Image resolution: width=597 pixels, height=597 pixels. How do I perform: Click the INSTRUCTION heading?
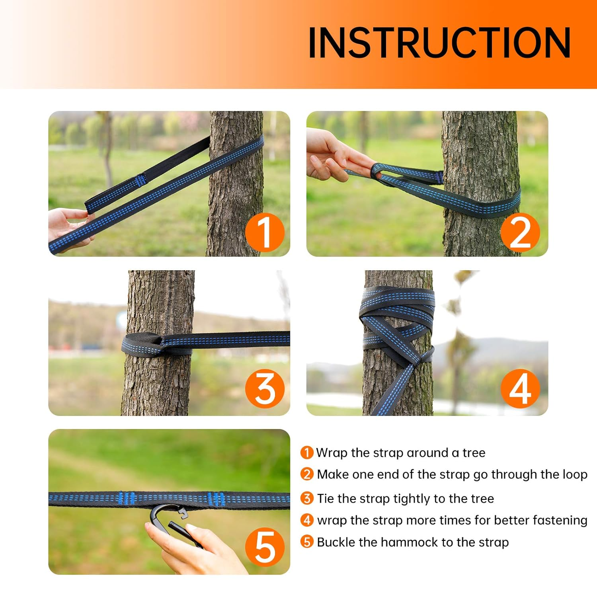pyautogui.click(x=439, y=43)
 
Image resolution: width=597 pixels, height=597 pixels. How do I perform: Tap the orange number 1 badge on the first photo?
pyautogui.click(x=265, y=232)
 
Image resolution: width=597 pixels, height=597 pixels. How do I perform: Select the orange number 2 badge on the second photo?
pyautogui.click(x=520, y=232)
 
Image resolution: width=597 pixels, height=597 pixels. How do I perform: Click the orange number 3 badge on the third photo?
pyautogui.click(x=265, y=389)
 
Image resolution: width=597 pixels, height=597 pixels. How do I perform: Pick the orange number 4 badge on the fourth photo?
pyautogui.click(x=520, y=389)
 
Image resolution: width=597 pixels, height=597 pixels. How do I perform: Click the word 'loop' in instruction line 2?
pyautogui.click(x=574, y=475)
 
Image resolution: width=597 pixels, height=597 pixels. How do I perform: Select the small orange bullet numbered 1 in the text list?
pyautogui.click(x=306, y=453)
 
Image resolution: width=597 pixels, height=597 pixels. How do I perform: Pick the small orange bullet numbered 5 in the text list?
pyautogui.click(x=306, y=542)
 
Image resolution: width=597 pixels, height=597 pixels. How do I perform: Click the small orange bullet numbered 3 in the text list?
pyautogui.click(x=306, y=498)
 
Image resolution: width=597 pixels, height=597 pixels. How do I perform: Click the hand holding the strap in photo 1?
pyautogui.click(x=68, y=227)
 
